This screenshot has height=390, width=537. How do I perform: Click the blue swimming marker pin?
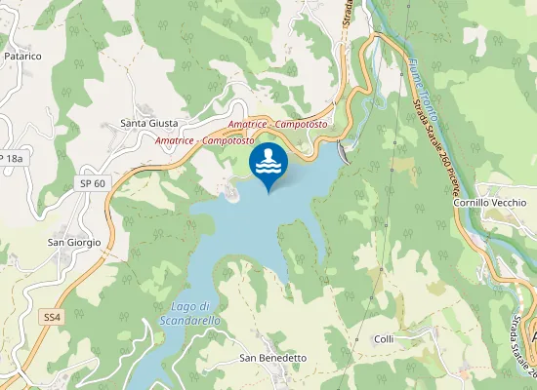click(x=268, y=164)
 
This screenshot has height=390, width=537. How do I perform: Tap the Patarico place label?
click(x=22, y=57)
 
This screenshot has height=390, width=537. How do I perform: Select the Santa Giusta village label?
click(x=148, y=123)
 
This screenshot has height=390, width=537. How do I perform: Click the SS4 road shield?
click(x=53, y=318)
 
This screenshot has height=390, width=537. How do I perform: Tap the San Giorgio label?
click(x=75, y=243)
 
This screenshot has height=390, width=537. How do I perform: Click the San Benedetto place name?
click(x=273, y=358)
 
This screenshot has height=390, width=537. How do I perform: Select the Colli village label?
click(x=384, y=338)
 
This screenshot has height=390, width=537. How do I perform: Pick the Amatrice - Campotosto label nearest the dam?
click(x=277, y=126)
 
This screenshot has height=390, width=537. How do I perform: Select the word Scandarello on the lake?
click(x=189, y=320)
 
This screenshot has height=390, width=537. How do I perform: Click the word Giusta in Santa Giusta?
click(x=163, y=123)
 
